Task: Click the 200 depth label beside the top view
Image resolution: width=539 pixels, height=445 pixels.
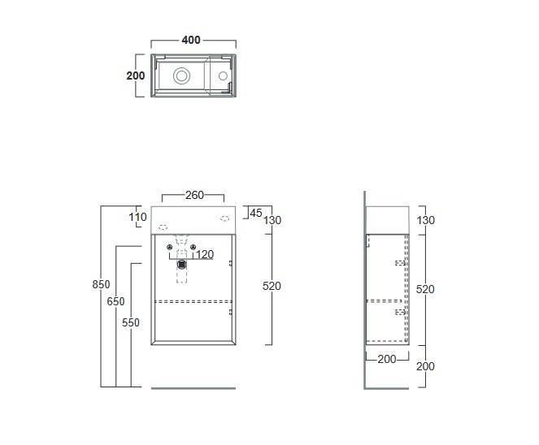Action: pyautogui.click(x=136, y=76)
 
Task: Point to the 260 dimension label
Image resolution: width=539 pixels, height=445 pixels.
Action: pyautogui.click(x=194, y=195)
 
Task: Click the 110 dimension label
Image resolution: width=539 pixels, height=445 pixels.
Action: pyautogui.click(x=137, y=217)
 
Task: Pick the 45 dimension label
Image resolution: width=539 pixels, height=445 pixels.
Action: pyautogui.click(x=255, y=213)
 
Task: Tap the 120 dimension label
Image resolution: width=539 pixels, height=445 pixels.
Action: pyautogui.click(x=204, y=254)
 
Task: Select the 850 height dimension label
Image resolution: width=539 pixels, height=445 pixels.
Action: pyautogui.click(x=101, y=284)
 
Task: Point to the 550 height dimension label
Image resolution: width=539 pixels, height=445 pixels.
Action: pyautogui.click(x=131, y=322)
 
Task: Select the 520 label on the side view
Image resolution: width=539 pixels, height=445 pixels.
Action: pyautogui.click(x=425, y=288)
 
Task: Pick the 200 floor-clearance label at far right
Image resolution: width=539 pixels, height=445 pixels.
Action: pyautogui.click(x=425, y=366)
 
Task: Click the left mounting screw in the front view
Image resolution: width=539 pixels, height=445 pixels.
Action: pyautogui.click(x=169, y=248)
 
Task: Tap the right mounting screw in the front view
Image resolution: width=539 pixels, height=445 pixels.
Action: pyautogui.click(x=193, y=248)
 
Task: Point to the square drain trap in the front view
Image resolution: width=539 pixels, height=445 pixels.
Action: pyautogui.click(x=182, y=262)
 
